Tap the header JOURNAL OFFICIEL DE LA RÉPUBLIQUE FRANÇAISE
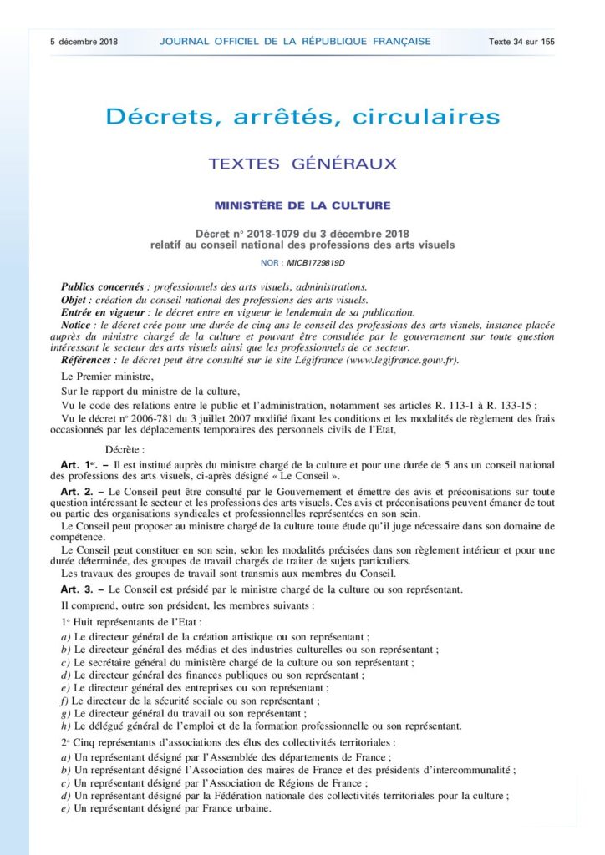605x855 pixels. (x=294, y=41)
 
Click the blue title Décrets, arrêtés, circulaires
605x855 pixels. (x=302, y=116)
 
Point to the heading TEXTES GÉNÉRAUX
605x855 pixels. (x=302, y=164)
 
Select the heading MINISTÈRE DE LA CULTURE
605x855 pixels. (x=302, y=205)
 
